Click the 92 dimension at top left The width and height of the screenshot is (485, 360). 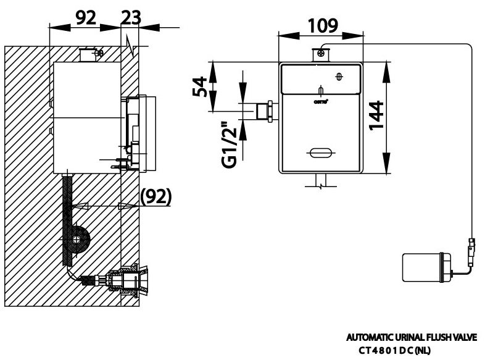click(x=84, y=17)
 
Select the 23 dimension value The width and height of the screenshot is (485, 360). click(x=130, y=17)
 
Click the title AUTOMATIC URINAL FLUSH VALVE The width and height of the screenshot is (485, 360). click(x=415, y=338)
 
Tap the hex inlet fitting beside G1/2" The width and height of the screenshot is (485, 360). click(x=268, y=112)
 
